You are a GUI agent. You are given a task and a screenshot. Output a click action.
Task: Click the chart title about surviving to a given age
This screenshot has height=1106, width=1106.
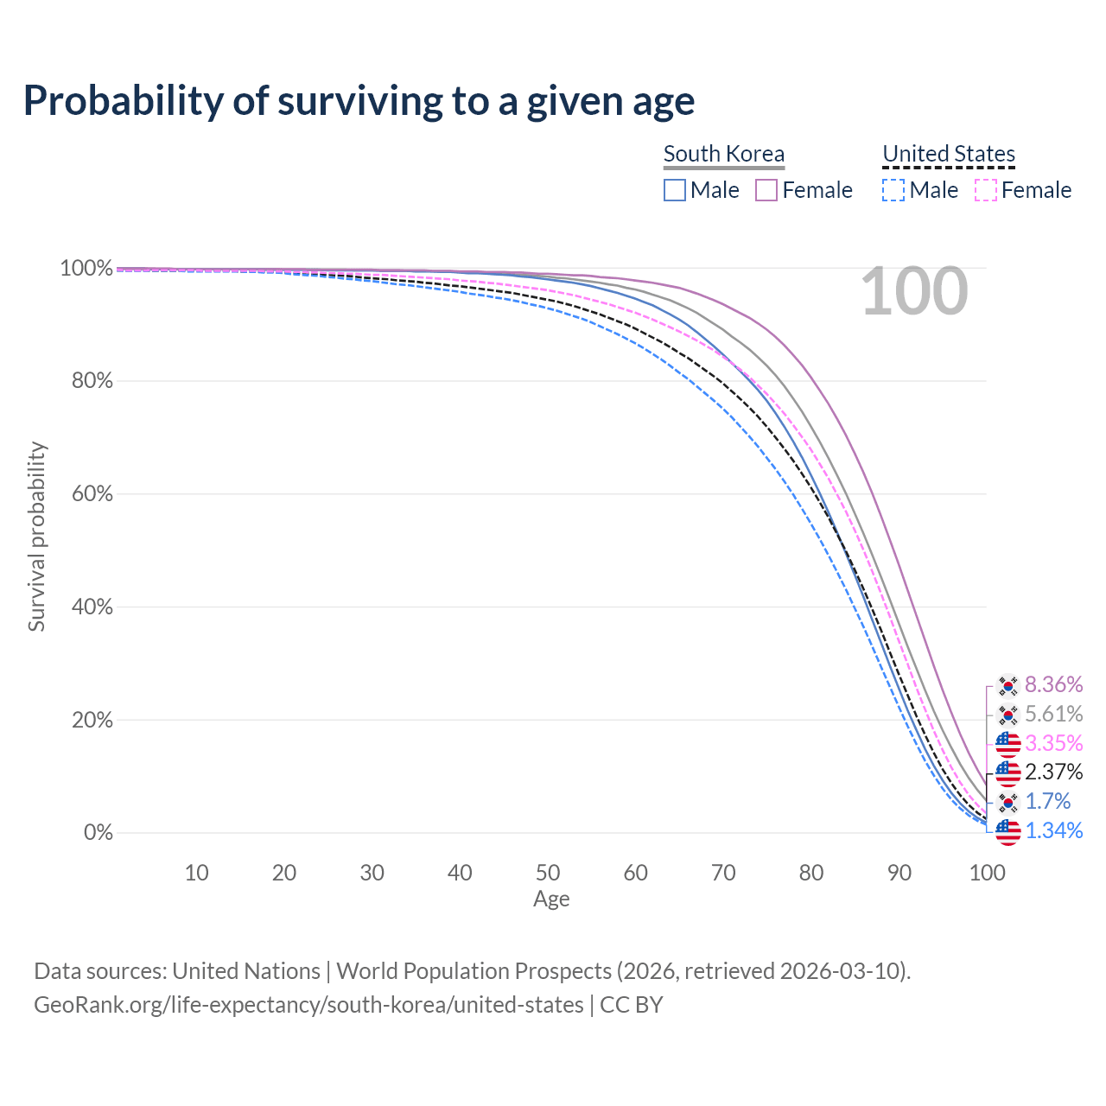pyautogui.click(x=359, y=100)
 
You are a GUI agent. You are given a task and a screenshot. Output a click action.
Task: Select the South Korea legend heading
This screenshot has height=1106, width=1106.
pyautogui.click(x=724, y=154)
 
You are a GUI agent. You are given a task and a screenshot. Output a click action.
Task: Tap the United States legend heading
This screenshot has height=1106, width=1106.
pyautogui.click(x=949, y=154)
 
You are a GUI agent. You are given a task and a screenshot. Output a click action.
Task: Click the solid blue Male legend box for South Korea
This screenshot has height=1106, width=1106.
pyautogui.click(x=675, y=190)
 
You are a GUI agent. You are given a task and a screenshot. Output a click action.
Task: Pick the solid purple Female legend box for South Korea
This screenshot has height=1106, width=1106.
pyautogui.click(x=767, y=190)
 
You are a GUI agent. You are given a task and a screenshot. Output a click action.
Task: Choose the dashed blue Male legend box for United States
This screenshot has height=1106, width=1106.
pyautogui.click(x=893, y=190)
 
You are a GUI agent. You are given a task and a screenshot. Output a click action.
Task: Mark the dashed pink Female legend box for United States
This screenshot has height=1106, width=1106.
pyautogui.click(x=986, y=190)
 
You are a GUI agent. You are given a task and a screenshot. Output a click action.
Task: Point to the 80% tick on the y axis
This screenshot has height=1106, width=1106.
pyautogui.click(x=86, y=381)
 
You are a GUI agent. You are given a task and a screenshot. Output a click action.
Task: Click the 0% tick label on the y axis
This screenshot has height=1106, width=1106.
pyautogui.click(x=98, y=833)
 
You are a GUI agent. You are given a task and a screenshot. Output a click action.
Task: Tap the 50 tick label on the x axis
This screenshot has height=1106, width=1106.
pyautogui.click(x=548, y=873)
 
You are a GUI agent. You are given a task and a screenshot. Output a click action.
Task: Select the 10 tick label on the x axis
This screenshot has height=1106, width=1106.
pyautogui.click(x=196, y=873)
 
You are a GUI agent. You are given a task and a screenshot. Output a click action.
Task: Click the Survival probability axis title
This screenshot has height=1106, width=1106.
pyautogui.click(x=36, y=537)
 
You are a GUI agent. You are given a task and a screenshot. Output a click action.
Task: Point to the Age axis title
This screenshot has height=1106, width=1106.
pyautogui.click(x=551, y=899)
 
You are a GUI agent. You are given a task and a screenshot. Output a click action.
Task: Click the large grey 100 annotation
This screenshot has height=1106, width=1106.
pyautogui.click(x=914, y=292)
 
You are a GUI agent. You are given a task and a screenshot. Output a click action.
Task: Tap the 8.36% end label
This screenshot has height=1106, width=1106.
pyautogui.click(x=1053, y=685)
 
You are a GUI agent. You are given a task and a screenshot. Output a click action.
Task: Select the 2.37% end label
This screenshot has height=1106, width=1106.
pyautogui.click(x=1053, y=772)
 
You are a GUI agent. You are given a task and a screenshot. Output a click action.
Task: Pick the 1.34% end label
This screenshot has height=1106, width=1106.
pyautogui.click(x=1053, y=830)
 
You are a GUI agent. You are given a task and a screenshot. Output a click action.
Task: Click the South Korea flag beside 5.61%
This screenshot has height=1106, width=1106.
pyautogui.click(x=1007, y=715)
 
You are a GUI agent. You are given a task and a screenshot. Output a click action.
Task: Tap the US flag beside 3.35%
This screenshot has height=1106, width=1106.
pyautogui.click(x=1007, y=743)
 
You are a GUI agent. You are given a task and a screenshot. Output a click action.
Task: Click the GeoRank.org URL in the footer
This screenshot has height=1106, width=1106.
pyautogui.click(x=308, y=1005)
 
